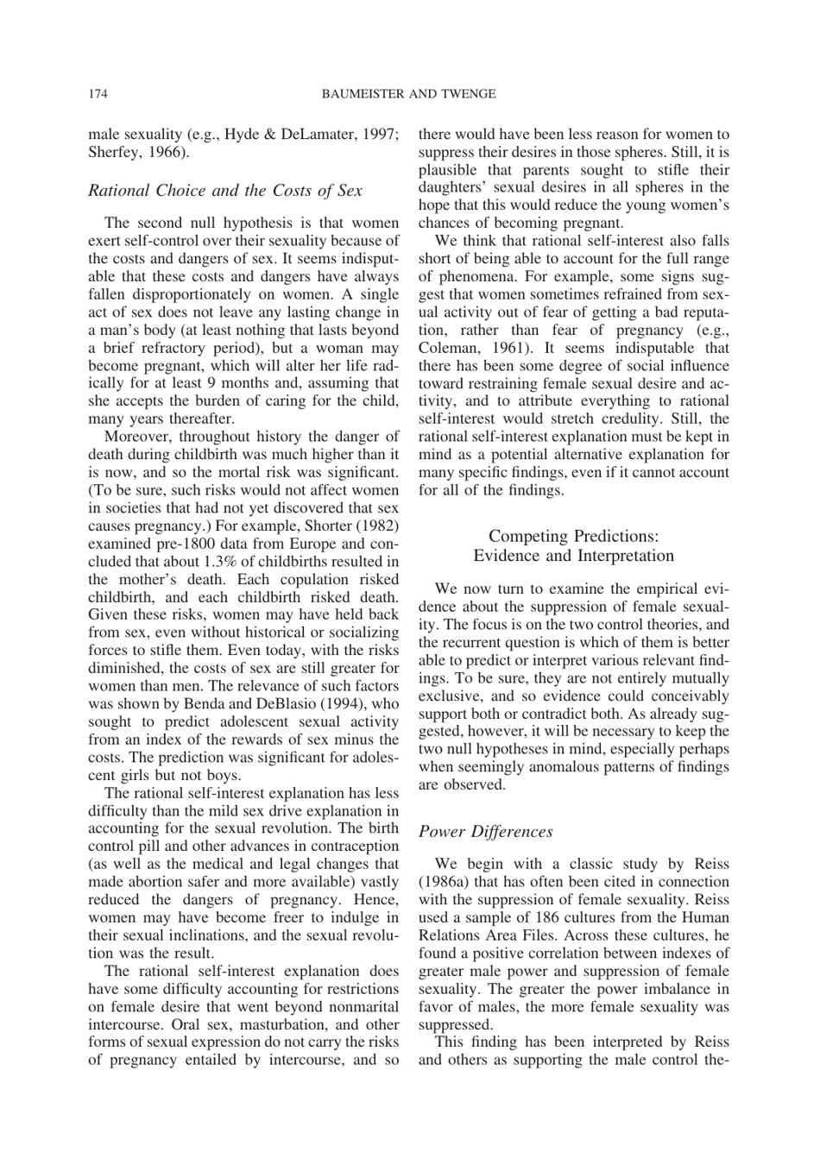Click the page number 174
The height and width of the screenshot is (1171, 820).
coord(98,93)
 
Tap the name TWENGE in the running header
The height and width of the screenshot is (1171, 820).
coord(466,93)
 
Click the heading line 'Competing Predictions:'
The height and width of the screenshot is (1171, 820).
coord(573,537)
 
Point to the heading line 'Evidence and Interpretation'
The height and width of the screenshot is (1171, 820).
coord(573,556)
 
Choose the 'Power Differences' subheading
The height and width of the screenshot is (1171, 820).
coord(485,832)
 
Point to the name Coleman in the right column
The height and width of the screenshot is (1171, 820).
coord(447,348)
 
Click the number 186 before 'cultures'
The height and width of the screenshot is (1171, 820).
coord(547,917)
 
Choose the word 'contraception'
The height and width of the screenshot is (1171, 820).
coord(356,847)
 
